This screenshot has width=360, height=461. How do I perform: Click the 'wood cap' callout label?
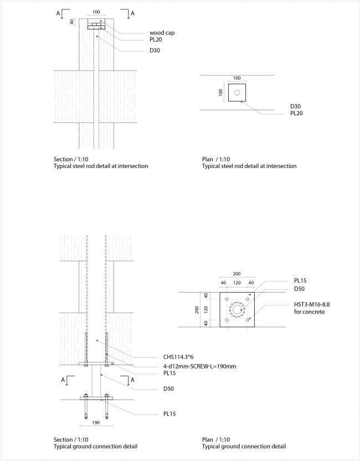[162, 32]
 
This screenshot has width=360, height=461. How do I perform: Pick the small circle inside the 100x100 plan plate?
[237, 93]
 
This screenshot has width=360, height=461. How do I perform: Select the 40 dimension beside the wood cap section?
[72, 22]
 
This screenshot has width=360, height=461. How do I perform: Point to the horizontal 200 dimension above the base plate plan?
[236, 274]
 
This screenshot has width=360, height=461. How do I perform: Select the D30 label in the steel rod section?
[156, 50]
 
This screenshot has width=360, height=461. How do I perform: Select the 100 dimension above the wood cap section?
[96, 12]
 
